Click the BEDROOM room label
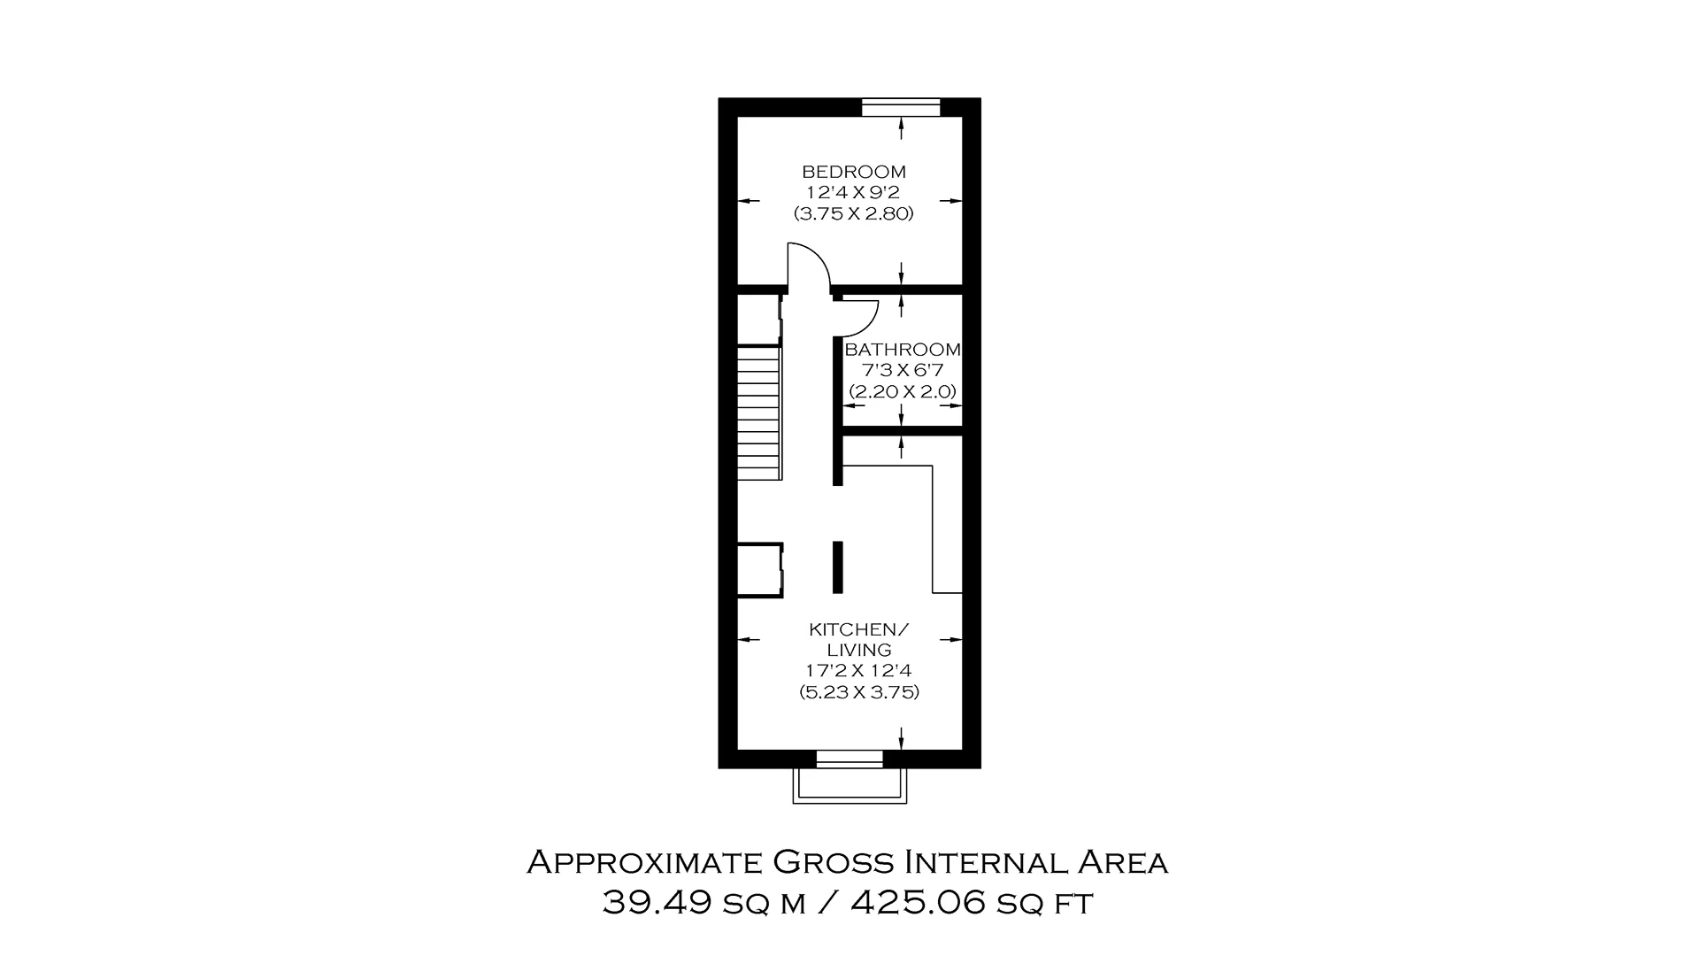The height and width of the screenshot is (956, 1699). point(853,172)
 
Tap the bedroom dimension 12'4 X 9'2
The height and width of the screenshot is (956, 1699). point(853,192)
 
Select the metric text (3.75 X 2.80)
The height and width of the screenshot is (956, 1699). point(853,213)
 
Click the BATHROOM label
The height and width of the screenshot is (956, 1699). point(902,350)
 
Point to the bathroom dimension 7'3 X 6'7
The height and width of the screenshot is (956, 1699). point(902,370)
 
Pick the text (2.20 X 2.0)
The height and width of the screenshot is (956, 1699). point(902,391)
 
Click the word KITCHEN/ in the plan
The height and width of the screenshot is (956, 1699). point(858,629)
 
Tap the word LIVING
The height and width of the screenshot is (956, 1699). point(858,650)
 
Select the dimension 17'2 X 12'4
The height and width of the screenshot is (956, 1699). point(858,671)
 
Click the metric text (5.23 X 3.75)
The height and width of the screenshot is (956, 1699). point(858,692)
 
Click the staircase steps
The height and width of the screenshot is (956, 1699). point(758,412)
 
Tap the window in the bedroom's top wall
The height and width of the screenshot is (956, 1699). point(901,107)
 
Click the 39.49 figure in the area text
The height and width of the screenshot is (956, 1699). point(657,903)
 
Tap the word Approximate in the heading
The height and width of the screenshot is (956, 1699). point(644,862)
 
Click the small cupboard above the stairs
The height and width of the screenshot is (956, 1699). point(757,320)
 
